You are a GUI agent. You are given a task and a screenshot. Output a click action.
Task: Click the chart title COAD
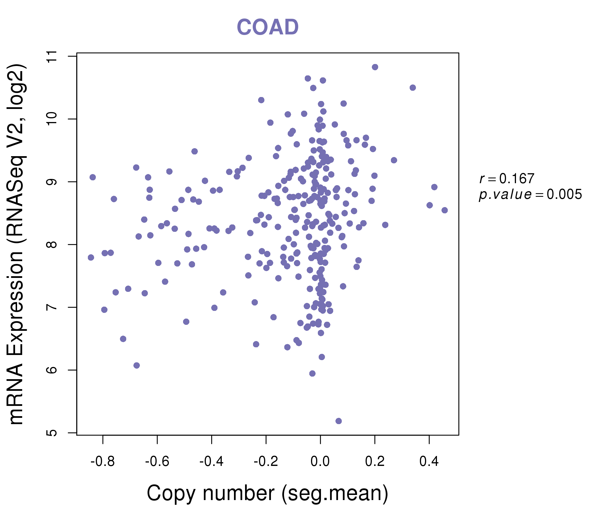(x=268, y=27)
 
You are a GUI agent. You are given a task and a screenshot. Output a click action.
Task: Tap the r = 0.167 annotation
(x=507, y=179)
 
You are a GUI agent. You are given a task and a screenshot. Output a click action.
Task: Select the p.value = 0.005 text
(x=530, y=195)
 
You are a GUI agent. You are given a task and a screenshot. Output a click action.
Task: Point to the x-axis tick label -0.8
(x=103, y=462)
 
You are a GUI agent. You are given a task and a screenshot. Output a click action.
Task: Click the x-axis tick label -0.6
(x=157, y=462)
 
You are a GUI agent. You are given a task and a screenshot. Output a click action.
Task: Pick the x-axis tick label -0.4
(x=212, y=462)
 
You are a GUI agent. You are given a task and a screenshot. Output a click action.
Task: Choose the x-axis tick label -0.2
(x=266, y=462)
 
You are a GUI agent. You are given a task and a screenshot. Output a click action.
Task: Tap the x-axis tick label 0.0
(x=320, y=462)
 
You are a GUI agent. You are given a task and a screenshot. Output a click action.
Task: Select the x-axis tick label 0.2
(x=375, y=462)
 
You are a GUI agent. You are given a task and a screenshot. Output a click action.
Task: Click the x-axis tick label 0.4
(x=429, y=462)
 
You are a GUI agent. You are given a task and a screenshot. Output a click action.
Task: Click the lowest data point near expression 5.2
(x=339, y=421)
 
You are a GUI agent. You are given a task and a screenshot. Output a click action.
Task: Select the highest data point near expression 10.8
(x=375, y=67)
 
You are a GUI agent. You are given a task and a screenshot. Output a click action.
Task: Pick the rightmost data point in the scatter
(x=445, y=210)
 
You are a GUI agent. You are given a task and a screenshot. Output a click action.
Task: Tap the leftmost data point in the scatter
(x=91, y=257)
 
